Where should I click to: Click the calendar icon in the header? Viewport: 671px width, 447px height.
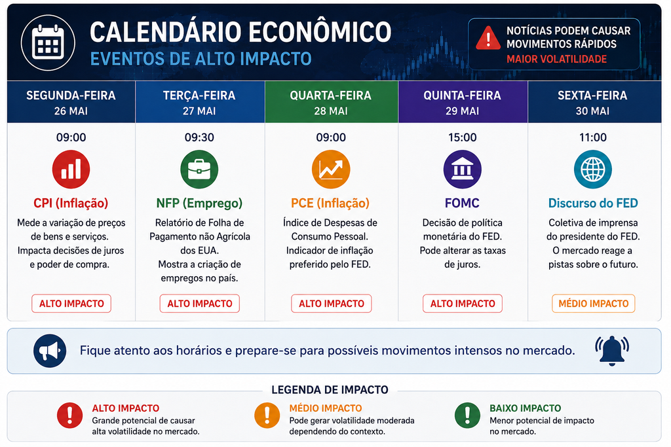pyautogui.click(x=48, y=43)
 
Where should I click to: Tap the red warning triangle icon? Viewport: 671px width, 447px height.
pyautogui.click(x=488, y=38)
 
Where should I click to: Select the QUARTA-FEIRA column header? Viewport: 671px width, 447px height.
pyautogui.click(x=331, y=102)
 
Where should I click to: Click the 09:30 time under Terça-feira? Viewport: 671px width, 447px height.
pyautogui.click(x=199, y=137)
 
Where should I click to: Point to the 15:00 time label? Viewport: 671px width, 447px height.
pyautogui.click(x=462, y=137)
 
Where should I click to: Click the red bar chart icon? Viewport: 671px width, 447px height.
pyautogui.click(x=71, y=170)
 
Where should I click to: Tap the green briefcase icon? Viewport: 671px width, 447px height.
pyautogui.click(x=199, y=170)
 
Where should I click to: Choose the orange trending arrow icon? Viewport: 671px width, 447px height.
pyautogui.click(x=331, y=170)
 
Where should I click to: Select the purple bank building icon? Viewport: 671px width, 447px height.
pyautogui.click(x=462, y=170)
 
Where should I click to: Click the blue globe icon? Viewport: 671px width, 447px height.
pyautogui.click(x=592, y=170)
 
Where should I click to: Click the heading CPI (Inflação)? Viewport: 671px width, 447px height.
pyautogui.click(x=71, y=203)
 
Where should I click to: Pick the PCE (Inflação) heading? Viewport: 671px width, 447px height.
pyautogui.click(x=330, y=203)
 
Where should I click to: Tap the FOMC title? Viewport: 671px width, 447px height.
pyautogui.click(x=462, y=203)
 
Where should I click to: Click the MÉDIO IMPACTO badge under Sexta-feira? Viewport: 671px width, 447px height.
pyautogui.click(x=594, y=304)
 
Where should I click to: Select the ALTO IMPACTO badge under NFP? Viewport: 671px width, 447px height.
pyautogui.click(x=200, y=304)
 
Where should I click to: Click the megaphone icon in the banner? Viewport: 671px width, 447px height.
pyautogui.click(x=50, y=351)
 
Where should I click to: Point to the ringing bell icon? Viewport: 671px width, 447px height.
pyautogui.click(x=612, y=351)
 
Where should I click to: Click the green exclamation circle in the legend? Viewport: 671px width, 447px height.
pyautogui.click(x=467, y=415)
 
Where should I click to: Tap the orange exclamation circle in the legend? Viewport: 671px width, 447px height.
pyautogui.click(x=267, y=415)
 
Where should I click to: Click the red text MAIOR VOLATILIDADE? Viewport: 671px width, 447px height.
pyautogui.click(x=557, y=59)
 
